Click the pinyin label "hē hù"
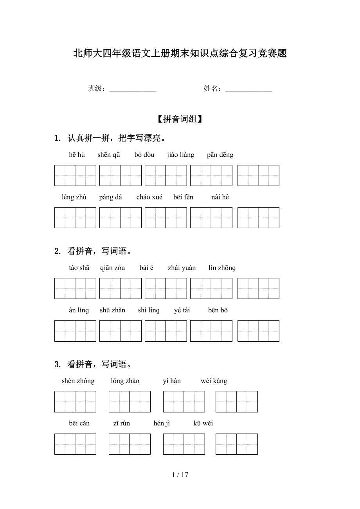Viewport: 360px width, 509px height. [77, 155]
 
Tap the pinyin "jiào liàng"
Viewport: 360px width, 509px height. [180, 155]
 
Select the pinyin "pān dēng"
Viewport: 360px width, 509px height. [220, 155]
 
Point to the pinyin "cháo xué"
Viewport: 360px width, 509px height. [149, 197]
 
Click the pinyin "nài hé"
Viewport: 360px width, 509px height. [220, 197]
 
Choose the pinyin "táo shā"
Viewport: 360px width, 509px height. [79, 268]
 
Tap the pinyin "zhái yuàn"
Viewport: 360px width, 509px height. [182, 268]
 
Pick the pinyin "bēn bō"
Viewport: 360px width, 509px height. [218, 310]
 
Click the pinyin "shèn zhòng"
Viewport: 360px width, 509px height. [78, 381]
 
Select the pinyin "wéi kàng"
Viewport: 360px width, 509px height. [214, 381]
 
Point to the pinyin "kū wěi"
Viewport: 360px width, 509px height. [203, 423]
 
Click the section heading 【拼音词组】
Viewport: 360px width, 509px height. [180, 119]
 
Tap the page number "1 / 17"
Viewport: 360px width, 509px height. [180, 475]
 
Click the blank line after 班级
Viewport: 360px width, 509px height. [133, 90]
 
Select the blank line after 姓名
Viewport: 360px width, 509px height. [249, 90]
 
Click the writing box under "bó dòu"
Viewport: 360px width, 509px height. [166, 176]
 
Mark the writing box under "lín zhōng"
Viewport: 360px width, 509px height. [258, 289]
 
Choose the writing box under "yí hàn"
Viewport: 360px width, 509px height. [184, 401]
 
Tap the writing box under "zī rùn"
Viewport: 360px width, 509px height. [130, 444]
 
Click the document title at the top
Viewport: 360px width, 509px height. [180, 54]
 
